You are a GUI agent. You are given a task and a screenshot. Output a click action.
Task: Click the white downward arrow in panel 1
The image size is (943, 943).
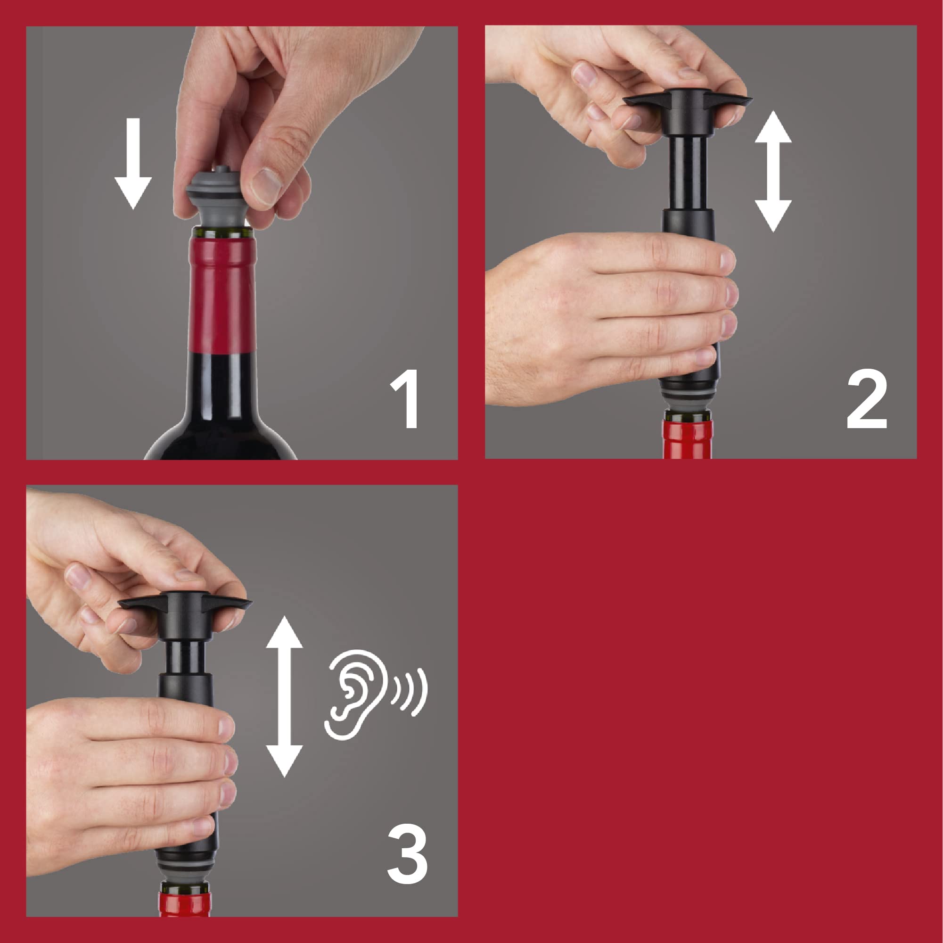click(133, 164)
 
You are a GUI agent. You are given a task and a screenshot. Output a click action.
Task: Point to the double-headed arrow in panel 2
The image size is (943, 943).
click(773, 171)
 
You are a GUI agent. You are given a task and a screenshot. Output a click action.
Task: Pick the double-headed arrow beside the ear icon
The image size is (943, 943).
click(284, 696)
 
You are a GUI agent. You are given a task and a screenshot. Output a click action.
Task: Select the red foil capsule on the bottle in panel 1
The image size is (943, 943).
click(222, 293)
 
